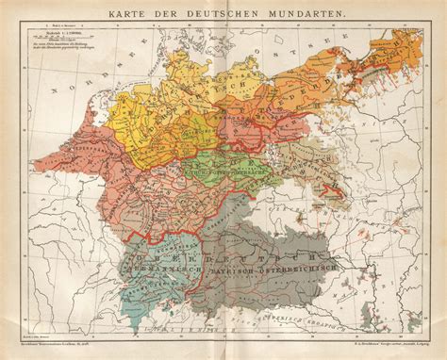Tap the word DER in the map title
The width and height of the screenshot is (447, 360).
(x=176, y=17)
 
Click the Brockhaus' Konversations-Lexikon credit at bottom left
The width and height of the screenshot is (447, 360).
(x=66, y=351)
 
